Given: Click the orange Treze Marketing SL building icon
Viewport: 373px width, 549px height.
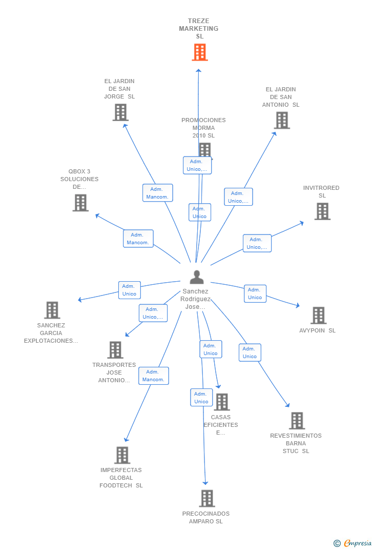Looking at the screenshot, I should point(200,52).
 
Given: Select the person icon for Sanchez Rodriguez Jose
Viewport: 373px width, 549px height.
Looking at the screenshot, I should point(197,277).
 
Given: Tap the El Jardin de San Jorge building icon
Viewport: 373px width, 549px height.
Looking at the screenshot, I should point(120,112).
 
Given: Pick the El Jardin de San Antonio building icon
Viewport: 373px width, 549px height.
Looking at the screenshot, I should point(282,121).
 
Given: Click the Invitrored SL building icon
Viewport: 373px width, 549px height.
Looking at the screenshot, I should point(322,211).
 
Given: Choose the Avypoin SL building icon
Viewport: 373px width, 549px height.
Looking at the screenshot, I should point(318,316).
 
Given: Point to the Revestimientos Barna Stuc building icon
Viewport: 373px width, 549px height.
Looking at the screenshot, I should point(297,421).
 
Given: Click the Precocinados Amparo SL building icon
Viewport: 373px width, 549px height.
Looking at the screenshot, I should point(206,498).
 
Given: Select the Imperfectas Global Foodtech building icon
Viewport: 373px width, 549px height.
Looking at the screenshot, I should point(122,455).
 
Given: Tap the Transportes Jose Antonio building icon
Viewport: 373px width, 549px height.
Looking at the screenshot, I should point(115,350).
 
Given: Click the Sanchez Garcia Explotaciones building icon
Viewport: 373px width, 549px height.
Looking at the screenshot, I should point(52,310).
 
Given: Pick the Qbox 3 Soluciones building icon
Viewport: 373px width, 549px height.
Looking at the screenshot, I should point(80,203).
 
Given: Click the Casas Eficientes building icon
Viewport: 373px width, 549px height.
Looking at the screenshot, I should point(222,402).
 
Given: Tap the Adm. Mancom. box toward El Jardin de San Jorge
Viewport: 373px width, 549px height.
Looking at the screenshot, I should point(157,193).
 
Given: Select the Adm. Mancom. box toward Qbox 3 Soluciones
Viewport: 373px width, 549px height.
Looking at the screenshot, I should point(138,239).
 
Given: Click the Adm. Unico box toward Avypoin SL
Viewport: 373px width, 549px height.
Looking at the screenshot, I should point(255,293).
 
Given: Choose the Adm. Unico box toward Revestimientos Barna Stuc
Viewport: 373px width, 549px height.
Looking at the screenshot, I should point(250,352).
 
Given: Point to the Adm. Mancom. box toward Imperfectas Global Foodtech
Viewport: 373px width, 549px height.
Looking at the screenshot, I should point(153,376).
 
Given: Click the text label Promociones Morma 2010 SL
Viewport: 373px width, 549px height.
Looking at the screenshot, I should point(203,128).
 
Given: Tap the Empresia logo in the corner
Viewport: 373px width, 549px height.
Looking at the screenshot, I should point(354,543).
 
